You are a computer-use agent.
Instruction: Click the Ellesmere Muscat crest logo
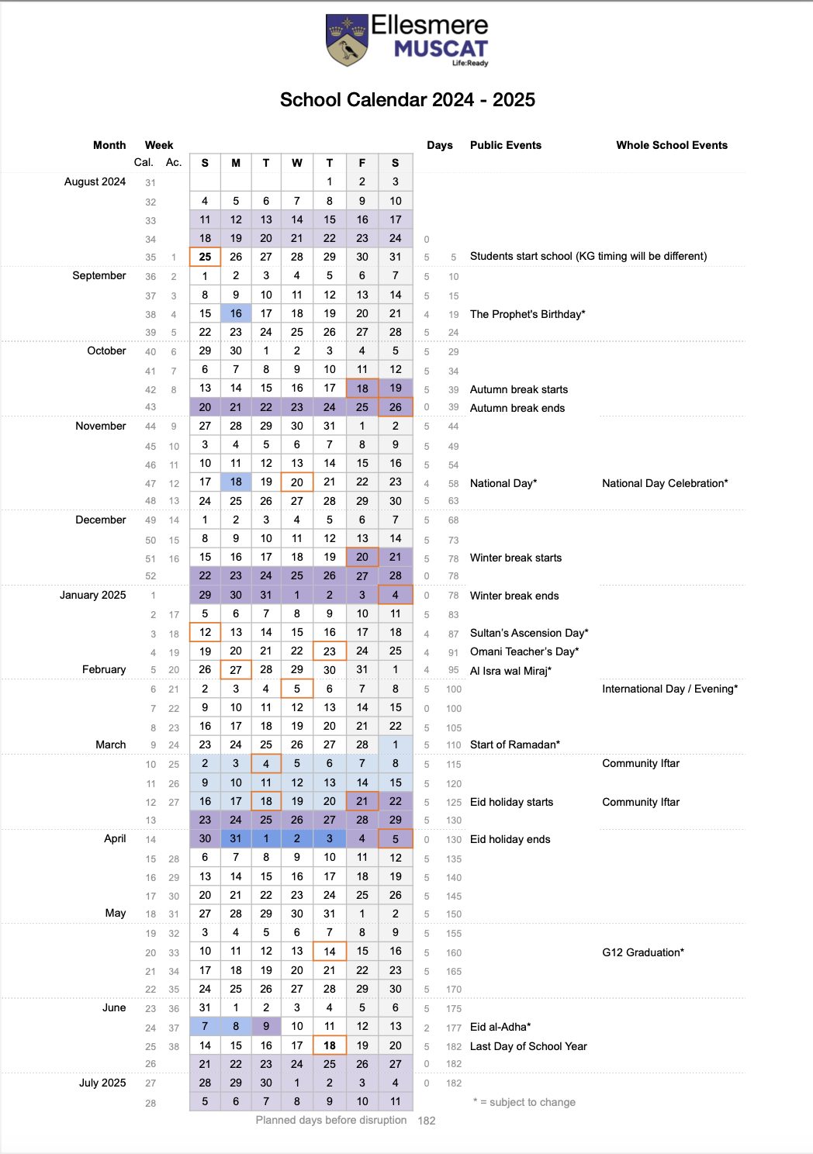(x=346, y=40)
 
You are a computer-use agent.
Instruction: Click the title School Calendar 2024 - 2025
(x=407, y=100)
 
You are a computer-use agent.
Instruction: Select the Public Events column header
(x=505, y=145)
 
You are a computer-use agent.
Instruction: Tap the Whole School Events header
(x=672, y=145)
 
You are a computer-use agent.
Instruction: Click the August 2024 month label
(x=95, y=181)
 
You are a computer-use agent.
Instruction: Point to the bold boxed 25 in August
(x=205, y=257)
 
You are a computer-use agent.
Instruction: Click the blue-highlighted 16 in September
(x=236, y=313)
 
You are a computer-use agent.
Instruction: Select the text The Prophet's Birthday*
(x=528, y=314)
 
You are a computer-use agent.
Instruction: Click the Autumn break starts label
(x=518, y=389)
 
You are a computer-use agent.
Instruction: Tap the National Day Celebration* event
(x=665, y=483)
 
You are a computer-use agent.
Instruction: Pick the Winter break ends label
(x=514, y=596)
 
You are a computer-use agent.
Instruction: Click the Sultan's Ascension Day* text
(x=529, y=633)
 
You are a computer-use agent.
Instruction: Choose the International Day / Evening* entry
(x=669, y=689)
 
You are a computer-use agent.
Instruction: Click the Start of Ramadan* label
(x=514, y=745)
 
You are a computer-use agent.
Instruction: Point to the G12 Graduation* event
(x=643, y=952)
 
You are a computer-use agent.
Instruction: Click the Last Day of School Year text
(x=528, y=1046)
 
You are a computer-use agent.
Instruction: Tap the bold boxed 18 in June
(x=330, y=1045)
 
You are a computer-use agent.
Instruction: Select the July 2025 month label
(x=102, y=1083)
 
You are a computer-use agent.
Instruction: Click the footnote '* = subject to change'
(x=524, y=1102)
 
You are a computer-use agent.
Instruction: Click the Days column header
(x=439, y=145)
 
